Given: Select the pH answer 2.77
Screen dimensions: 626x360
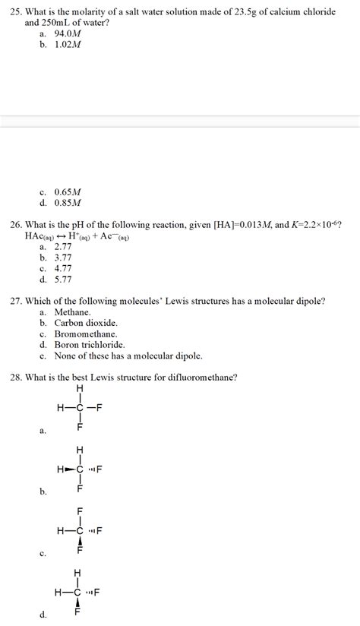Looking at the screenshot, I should (63, 247).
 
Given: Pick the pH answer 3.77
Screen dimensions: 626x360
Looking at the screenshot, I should (63, 258).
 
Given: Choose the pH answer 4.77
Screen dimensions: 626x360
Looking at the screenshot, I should (63, 268).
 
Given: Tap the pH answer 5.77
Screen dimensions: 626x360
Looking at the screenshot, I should (63, 279).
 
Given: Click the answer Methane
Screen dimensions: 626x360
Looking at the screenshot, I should (72, 312).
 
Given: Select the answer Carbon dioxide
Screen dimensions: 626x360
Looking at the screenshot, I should (85, 323).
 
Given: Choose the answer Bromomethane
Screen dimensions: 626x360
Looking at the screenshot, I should (85, 334).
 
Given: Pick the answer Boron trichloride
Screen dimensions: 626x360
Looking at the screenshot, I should (89, 344).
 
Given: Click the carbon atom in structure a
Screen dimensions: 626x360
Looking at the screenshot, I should (78, 407).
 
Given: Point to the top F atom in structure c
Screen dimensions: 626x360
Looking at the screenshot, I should (78, 511).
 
